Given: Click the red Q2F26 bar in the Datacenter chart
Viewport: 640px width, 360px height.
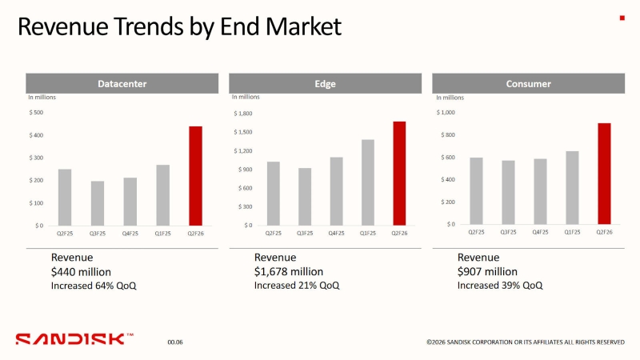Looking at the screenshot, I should coord(195,176).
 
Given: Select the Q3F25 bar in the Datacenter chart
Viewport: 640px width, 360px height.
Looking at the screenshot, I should coord(98,203).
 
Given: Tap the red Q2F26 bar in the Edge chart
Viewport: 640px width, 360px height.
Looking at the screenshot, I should coord(399,174).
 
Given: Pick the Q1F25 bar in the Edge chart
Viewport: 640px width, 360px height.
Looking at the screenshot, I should coord(368,182).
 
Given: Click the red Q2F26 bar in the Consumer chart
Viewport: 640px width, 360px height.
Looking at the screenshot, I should coord(604,174).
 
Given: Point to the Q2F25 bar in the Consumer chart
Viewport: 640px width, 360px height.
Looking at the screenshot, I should coord(476,191).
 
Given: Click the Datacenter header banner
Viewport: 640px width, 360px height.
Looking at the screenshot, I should coord(122,83).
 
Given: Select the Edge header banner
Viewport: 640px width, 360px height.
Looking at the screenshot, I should coord(326,83).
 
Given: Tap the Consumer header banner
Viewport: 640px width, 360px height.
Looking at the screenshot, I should coord(528,83).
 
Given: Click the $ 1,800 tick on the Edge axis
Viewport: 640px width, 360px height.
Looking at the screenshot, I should coord(243,114).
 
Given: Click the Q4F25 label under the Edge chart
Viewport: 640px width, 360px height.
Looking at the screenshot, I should coord(336,233).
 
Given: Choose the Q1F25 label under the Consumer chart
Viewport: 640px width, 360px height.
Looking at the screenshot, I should coord(572,232).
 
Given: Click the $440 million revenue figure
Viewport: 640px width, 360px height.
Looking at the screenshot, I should coord(81,271).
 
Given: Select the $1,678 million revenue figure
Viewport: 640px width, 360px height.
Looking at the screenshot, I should coord(289,271).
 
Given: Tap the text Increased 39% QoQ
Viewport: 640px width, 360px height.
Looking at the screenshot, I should coord(499,285).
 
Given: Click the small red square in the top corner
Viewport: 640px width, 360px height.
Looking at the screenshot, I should coord(622,18).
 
